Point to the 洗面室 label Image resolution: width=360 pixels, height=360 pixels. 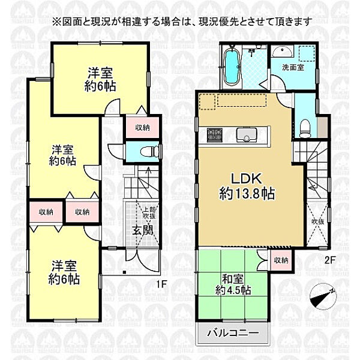click(293, 68)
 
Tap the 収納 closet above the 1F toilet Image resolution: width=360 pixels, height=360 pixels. click(142, 127)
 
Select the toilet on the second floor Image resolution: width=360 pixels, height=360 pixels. click(305, 127)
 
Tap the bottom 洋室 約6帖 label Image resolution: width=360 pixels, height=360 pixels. click(65, 272)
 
